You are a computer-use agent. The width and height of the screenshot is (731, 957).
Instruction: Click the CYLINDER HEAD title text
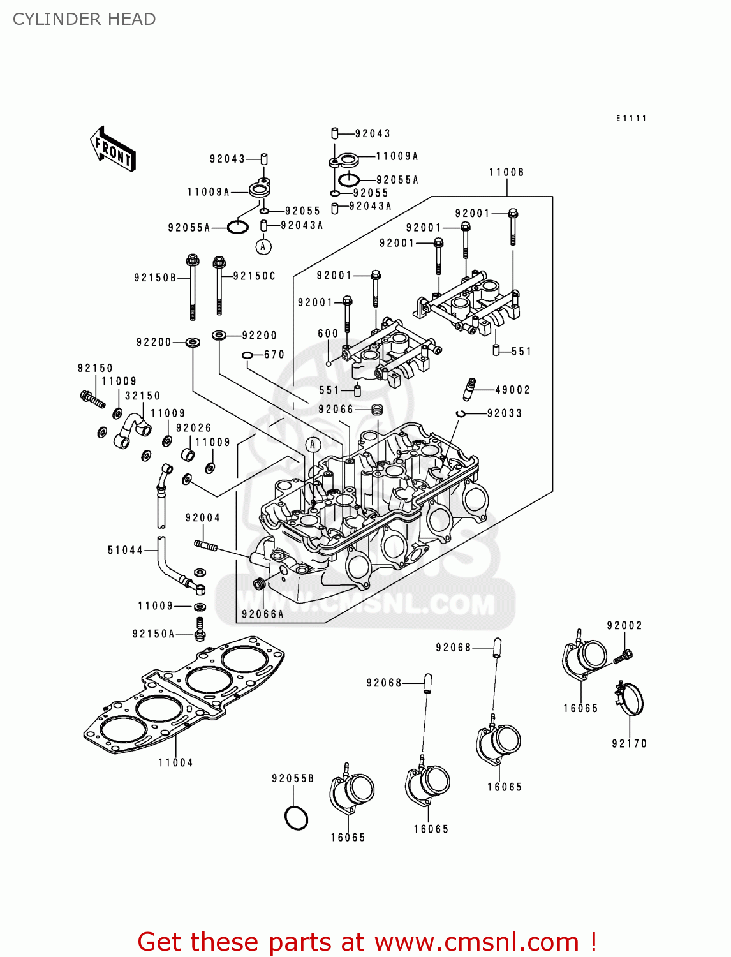tap(84, 19)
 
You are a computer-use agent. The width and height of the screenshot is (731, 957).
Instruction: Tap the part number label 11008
tap(506, 172)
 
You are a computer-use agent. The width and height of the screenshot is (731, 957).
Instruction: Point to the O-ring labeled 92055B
tap(296, 818)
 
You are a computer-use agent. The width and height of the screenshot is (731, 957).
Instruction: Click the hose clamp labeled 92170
tap(630, 699)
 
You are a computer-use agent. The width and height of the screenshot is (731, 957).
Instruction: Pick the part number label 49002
tap(512, 390)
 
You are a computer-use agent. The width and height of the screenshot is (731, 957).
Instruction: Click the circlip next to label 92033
tap(461, 413)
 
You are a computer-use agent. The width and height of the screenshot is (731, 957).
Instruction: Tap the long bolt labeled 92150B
tap(192, 287)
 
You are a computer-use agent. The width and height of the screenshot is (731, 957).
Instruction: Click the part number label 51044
tap(125, 550)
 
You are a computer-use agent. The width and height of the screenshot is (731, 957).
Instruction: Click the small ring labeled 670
tap(248, 355)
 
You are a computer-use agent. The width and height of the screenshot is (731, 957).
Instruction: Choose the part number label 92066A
tap(262, 614)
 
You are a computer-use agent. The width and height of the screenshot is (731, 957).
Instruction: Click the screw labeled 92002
tap(623, 655)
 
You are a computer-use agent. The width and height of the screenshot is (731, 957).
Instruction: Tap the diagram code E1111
tap(631, 119)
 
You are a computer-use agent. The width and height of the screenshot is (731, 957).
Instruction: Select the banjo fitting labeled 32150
tap(132, 429)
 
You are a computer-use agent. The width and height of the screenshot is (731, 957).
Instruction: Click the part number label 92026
tap(193, 428)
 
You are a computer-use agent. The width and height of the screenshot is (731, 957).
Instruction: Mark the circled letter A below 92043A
tap(263, 246)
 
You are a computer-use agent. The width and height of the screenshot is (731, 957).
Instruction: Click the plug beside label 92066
tap(377, 409)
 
